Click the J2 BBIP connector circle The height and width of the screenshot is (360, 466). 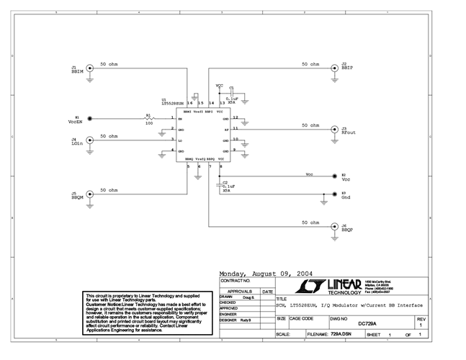[333, 70]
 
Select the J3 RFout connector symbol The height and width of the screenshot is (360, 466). [333, 130]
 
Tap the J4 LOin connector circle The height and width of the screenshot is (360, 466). [89, 140]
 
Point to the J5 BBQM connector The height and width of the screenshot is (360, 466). [89, 194]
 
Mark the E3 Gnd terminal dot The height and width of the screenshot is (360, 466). [333, 194]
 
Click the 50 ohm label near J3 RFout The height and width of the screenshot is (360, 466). [309, 125]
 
